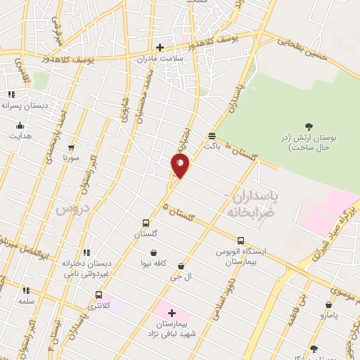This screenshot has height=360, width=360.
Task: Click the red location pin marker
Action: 180,165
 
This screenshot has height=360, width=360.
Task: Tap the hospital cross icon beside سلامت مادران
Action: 160,48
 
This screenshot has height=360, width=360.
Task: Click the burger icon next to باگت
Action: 212,136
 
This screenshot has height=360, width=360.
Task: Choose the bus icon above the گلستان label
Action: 146,223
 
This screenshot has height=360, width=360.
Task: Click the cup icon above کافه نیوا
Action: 153,253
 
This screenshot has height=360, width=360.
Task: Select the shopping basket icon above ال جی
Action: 182,266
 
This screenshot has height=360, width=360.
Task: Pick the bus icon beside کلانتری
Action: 98,295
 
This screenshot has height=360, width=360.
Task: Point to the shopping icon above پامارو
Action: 328,304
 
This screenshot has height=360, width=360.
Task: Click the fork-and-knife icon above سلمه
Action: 27,290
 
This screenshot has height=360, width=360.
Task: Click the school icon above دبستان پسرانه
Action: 11,94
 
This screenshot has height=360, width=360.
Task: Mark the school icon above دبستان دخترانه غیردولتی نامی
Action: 86,253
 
